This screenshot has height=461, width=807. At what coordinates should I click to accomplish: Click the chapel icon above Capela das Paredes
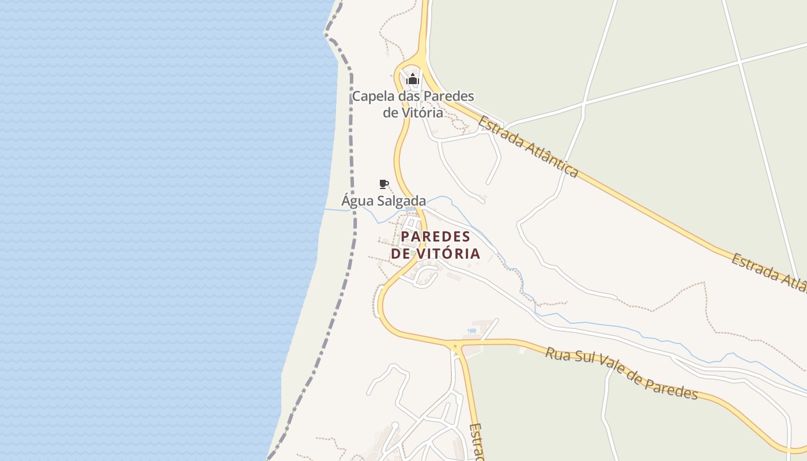coord(412,80)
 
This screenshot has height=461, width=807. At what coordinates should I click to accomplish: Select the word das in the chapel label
coord(409,96)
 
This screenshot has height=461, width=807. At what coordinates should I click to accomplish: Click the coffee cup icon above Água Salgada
coord(383,184)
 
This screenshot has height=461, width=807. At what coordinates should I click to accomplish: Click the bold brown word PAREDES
coord(436,237)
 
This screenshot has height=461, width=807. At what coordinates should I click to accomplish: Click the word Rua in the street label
coord(558,354)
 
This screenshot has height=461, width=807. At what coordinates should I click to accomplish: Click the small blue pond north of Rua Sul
coord(472,331)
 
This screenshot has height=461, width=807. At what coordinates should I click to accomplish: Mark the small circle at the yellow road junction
coord(457,347)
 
